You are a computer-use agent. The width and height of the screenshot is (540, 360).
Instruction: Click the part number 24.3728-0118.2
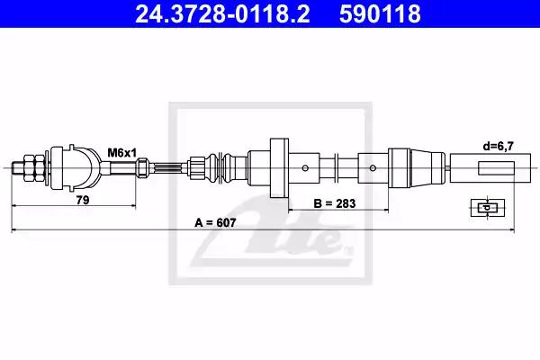point(222,13)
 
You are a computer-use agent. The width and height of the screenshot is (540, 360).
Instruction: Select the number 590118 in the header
point(380,13)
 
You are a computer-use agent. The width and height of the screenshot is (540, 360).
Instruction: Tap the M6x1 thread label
point(122,152)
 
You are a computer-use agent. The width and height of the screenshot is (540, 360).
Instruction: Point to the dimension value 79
point(83,200)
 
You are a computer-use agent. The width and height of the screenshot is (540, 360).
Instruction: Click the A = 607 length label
point(215,223)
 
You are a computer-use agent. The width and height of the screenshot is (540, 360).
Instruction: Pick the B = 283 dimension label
point(335,203)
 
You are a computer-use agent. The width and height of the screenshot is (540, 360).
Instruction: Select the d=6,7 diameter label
point(498,147)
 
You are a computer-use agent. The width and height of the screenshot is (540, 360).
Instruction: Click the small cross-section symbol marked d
point(488,208)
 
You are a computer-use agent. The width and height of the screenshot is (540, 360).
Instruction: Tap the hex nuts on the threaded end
point(34,168)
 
